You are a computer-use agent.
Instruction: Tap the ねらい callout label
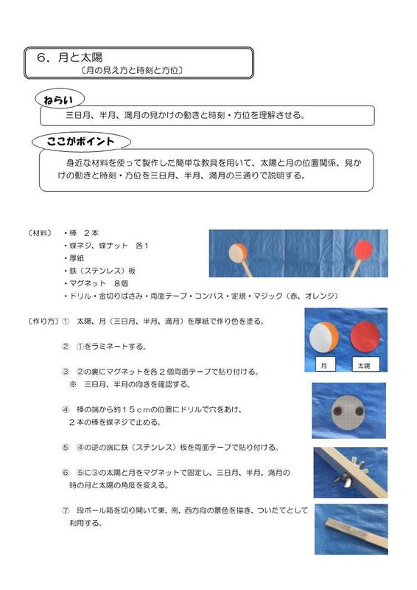point(59,99)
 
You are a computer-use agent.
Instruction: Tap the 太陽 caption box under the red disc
point(364,365)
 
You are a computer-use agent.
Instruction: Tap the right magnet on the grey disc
point(359,410)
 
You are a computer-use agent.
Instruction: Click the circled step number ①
point(66,322)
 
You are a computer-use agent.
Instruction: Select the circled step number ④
point(66,408)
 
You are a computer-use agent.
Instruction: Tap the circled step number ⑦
point(66,510)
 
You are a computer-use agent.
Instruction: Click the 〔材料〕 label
point(39,232)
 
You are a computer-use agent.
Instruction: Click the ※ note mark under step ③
point(73,384)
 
